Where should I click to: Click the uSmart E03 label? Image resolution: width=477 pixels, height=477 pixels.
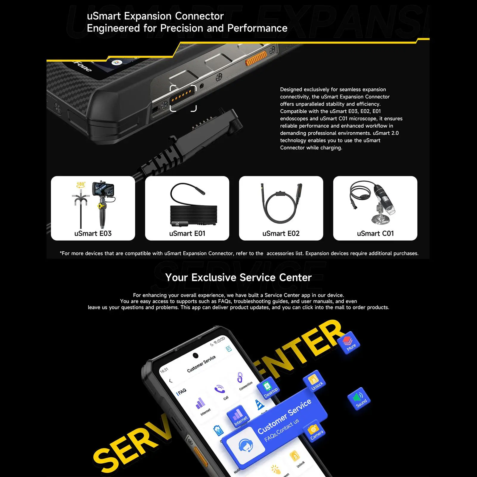[x=93, y=233]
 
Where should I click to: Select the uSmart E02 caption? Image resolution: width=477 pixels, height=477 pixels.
[x=281, y=233]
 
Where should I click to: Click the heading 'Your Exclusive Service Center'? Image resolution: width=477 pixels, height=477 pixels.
[x=238, y=278]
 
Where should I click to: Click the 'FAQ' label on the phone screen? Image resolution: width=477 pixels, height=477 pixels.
[x=182, y=391]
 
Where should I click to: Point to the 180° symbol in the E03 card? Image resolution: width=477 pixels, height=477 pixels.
[x=80, y=185]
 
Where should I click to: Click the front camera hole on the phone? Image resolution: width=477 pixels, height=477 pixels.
[x=196, y=355]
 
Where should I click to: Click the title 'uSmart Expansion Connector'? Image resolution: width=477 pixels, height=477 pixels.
[x=155, y=16]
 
